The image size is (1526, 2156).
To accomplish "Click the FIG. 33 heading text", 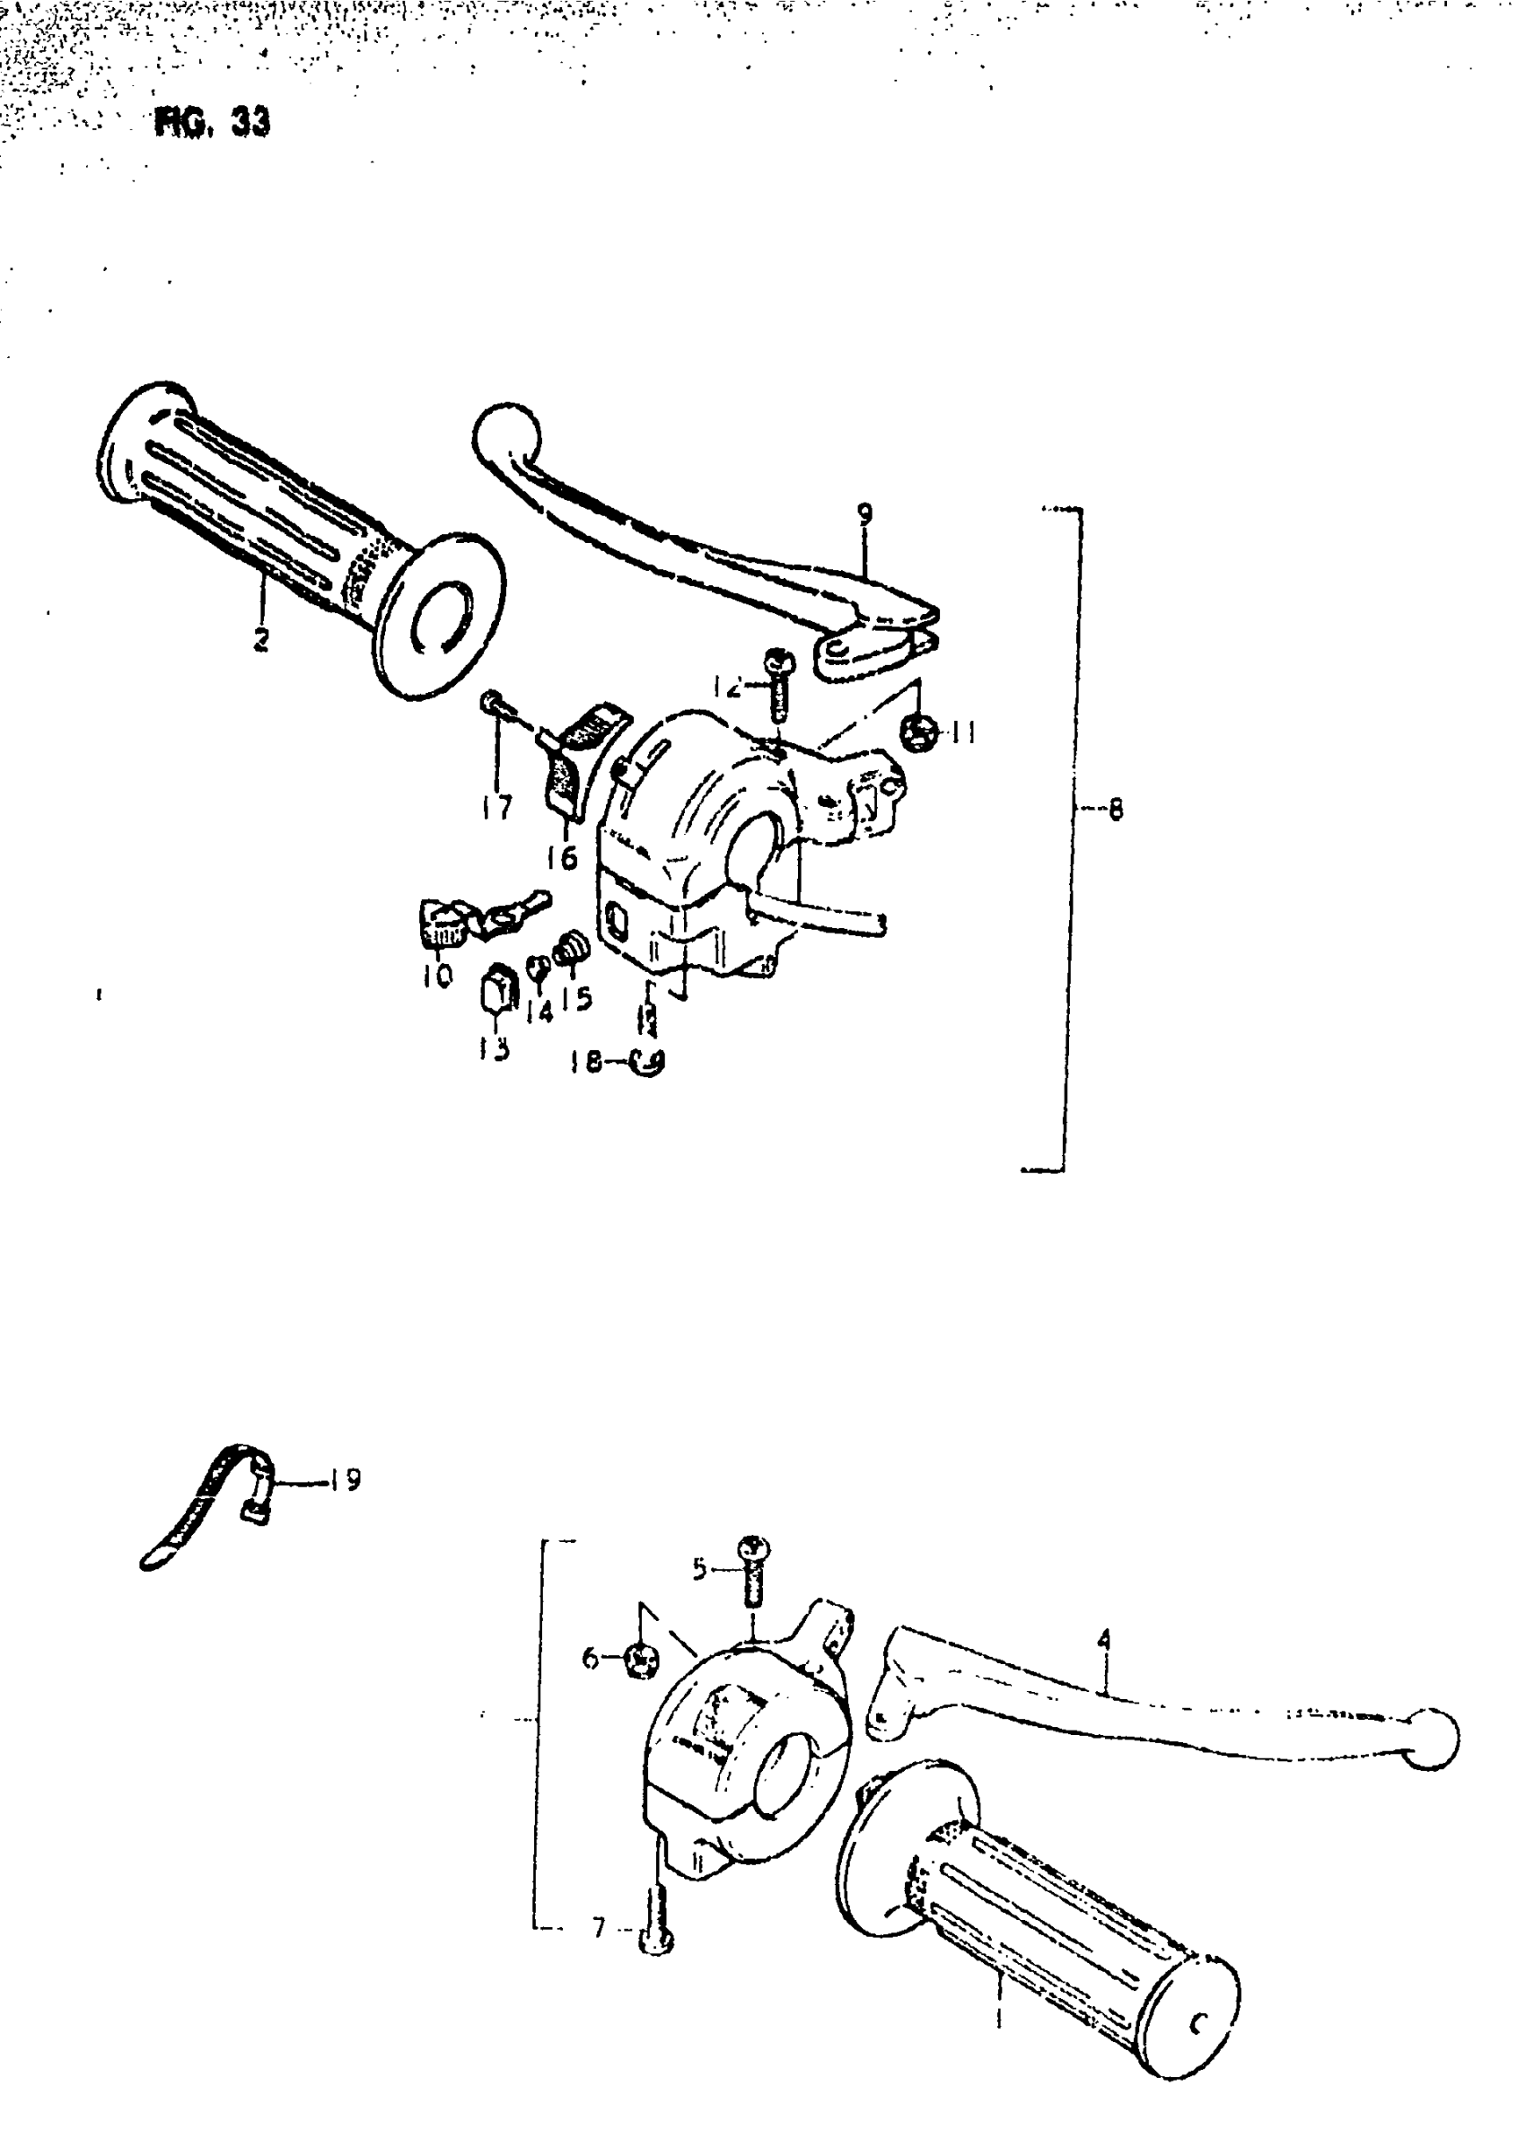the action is [x=213, y=123].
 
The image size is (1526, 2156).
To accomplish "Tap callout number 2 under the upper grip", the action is [x=260, y=639].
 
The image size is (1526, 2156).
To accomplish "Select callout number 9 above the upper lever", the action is [x=864, y=514].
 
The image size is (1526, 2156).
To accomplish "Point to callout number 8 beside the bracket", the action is [x=1116, y=809].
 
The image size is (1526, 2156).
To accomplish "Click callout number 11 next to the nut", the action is [x=962, y=732].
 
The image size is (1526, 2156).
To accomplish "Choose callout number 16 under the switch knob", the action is [x=562, y=857].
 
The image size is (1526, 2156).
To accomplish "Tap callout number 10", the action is [x=437, y=975].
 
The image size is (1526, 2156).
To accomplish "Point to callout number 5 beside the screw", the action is [x=699, y=1568].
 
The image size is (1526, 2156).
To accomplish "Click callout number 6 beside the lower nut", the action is [x=590, y=1660].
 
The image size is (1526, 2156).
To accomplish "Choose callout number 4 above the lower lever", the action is [x=1104, y=1639].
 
